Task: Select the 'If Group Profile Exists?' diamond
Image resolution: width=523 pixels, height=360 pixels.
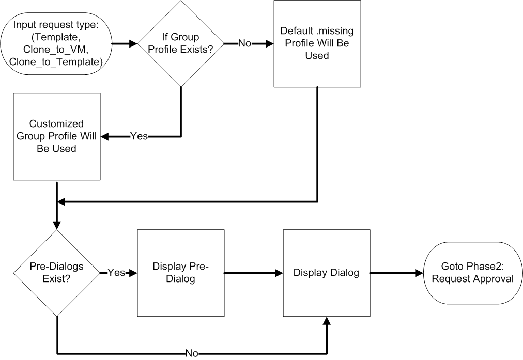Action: click(x=181, y=43)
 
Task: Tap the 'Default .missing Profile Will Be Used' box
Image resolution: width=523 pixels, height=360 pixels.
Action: click(x=317, y=43)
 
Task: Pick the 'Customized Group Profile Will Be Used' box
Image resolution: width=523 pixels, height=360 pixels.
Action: click(x=57, y=136)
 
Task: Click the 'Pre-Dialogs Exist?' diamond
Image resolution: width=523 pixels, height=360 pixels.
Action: click(x=57, y=273)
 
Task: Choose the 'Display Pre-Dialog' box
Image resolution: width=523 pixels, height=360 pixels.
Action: click(x=180, y=273)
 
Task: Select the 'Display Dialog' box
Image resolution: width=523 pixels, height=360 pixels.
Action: click(x=326, y=273)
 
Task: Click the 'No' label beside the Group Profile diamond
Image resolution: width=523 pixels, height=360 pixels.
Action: click(x=244, y=43)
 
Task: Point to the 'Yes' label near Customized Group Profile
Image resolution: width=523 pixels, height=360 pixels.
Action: click(x=139, y=136)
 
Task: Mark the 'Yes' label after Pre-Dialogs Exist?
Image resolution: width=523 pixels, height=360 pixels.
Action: click(x=116, y=273)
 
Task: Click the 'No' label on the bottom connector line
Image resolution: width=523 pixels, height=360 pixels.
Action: click(x=192, y=354)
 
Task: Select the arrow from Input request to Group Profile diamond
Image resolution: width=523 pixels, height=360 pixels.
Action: click(x=124, y=43)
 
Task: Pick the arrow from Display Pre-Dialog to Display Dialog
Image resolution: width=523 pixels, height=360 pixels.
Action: click(x=253, y=273)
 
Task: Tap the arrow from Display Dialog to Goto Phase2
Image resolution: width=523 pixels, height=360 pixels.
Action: click(x=396, y=273)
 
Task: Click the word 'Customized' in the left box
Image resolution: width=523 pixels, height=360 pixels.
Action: click(x=57, y=124)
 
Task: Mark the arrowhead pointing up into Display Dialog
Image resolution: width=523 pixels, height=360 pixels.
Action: click(x=326, y=321)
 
